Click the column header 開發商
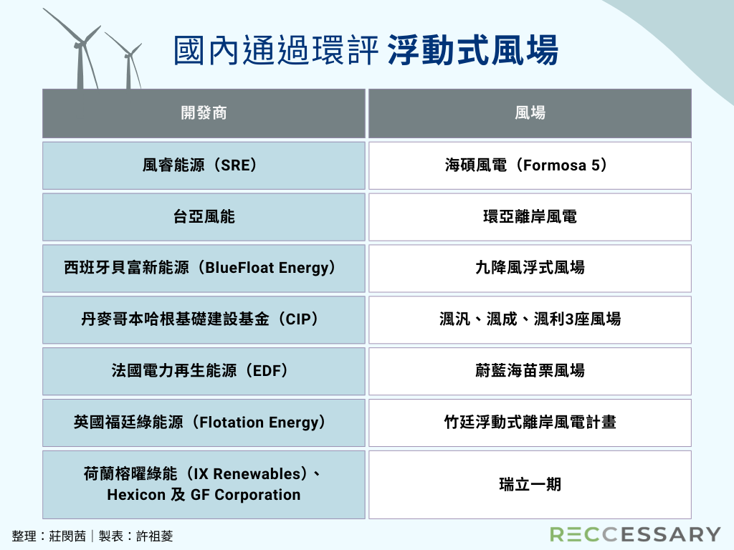[x=204, y=113]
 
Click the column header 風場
[x=530, y=113]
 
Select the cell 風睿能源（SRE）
[x=204, y=165]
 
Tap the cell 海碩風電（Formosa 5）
[x=530, y=165]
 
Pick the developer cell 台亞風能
[x=204, y=217]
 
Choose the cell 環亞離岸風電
[x=530, y=217]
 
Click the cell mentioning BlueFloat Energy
[x=204, y=269]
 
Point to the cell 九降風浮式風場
[x=530, y=269]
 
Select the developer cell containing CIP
[x=204, y=320]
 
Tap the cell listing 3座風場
[x=530, y=320]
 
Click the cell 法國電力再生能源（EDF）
[x=204, y=372]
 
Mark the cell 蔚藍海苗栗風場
[x=530, y=372]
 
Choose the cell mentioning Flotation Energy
[x=204, y=423]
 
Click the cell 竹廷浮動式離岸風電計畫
[x=530, y=423]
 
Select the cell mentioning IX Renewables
[x=204, y=485]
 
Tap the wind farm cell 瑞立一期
[x=530, y=485]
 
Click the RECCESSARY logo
[x=635, y=534]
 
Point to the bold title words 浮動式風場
[x=473, y=49]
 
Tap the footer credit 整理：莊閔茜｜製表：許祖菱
[x=92, y=536]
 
